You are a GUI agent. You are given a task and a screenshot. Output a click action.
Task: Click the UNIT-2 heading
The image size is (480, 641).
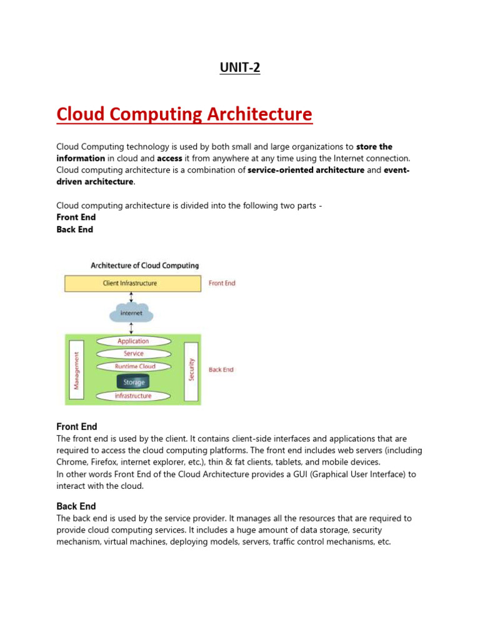pos(240,68)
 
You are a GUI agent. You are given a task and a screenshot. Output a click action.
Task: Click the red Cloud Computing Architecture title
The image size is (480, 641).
pos(184,115)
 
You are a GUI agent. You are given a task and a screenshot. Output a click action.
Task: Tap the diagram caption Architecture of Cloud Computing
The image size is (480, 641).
pos(144,265)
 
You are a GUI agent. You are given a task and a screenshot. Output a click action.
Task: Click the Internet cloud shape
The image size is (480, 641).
pos(131,312)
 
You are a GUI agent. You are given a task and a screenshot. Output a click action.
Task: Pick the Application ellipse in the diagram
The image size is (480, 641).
pos(133,341)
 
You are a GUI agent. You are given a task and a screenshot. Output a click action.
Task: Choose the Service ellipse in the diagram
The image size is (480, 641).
pos(133,354)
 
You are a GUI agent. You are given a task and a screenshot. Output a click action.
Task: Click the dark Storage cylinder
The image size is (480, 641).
pos(134,381)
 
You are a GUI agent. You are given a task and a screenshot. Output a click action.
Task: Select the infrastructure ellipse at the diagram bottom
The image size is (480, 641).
pos(133,396)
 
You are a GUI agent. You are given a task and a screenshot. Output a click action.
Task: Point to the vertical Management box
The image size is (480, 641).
pos(77,370)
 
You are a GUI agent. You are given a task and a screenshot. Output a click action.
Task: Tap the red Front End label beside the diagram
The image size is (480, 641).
pos(222,284)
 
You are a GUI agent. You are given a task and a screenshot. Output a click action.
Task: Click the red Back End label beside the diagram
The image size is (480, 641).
pos(221,370)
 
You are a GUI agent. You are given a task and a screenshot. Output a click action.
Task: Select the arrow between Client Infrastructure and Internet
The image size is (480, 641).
pos(131,297)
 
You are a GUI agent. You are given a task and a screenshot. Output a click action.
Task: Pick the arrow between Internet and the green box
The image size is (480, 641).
pos(131,328)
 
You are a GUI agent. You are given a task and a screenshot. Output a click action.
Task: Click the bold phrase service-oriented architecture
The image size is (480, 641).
pos(306,170)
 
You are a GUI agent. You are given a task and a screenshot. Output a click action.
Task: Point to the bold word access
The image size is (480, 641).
pos(169,158)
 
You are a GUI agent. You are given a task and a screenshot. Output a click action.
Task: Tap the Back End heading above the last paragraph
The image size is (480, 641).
pos(76,506)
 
